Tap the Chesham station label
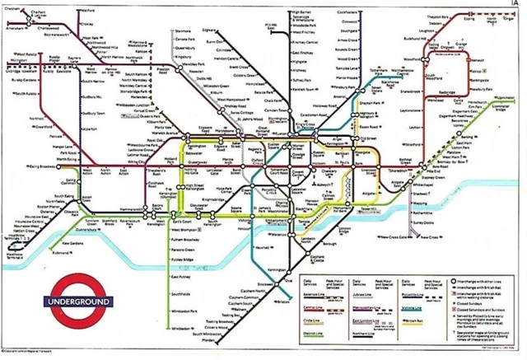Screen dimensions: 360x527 tap(14, 8)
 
